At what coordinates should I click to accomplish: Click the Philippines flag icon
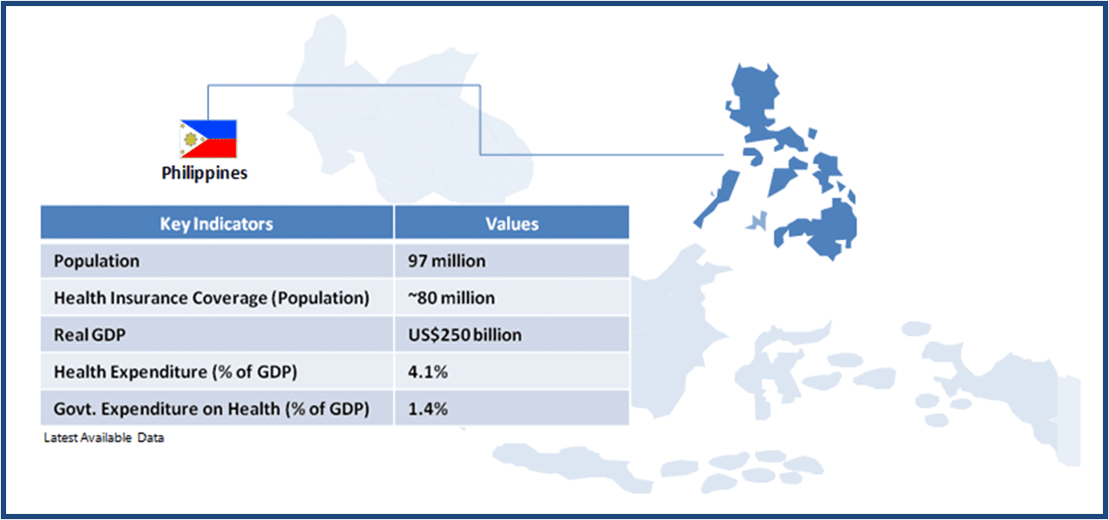coord(208,139)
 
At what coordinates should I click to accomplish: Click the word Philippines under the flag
coord(205,173)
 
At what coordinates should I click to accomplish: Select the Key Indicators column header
coord(216,224)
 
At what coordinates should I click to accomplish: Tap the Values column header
coord(512,224)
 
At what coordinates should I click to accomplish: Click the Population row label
coord(96,261)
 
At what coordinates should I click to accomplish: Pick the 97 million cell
coord(447,261)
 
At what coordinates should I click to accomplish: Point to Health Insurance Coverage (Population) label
coord(212,298)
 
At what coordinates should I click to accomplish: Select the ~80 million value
coord(451,298)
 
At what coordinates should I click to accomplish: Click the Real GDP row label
coord(89,335)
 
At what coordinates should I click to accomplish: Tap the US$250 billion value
coord(464,335)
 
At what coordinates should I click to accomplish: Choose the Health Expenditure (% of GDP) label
coord(175,372)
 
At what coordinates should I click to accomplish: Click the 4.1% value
coord(428,372)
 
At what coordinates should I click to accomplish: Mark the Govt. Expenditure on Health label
coord(212,409)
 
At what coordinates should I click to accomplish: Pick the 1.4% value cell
coord(428,409)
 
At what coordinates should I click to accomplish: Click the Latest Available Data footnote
coord(103,438)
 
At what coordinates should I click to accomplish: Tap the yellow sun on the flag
coord(191,139)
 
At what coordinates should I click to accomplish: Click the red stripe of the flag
coord(218,148)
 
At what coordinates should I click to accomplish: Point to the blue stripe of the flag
coord(218,128)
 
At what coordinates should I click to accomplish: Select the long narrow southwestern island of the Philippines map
coord(717,199)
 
